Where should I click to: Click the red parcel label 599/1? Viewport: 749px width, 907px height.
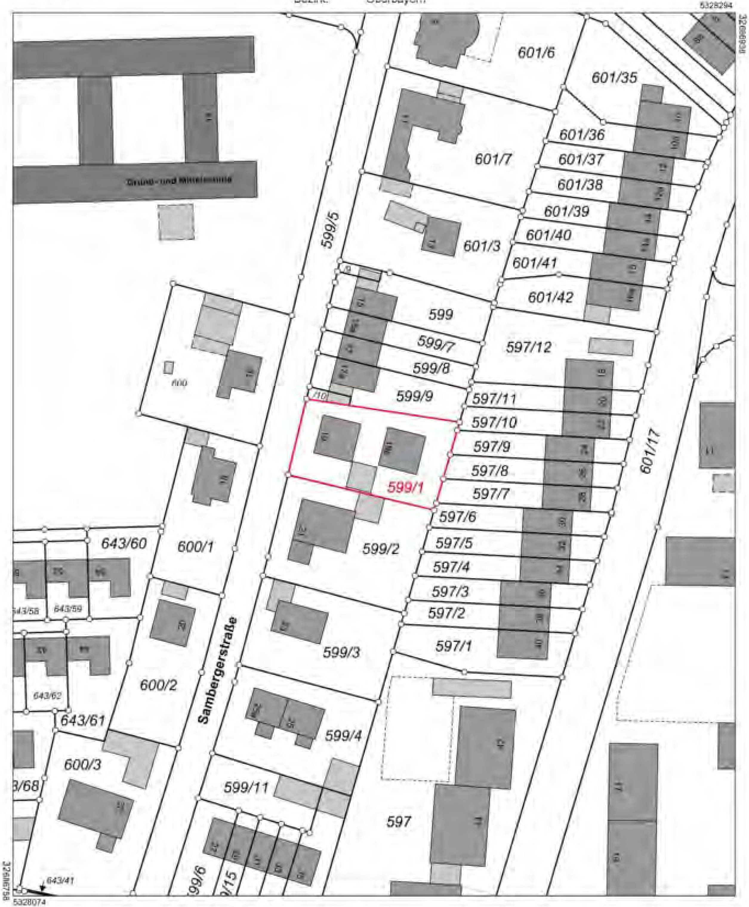[406, 488]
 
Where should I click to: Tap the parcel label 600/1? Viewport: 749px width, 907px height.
[195, 547]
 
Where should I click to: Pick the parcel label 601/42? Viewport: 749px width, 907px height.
[551, 297]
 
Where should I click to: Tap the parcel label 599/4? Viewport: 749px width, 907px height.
[343, 736]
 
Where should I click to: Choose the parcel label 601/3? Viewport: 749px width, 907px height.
[482, 246]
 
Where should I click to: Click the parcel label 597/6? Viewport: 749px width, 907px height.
[457, 517]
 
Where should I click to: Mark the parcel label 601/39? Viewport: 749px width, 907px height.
[566, 211]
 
